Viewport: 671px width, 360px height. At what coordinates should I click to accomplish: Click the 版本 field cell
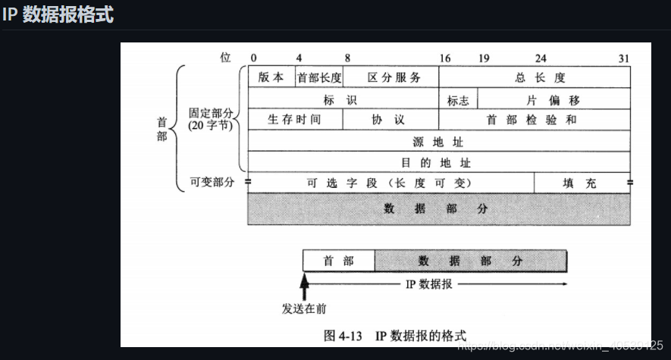271,77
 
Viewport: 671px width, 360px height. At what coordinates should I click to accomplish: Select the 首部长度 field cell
319,77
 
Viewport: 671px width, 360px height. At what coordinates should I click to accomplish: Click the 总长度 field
535,77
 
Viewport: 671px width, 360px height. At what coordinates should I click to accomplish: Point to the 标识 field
343,99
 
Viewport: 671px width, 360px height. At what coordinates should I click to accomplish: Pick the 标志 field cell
458,99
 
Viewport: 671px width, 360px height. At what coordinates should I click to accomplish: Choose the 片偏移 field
554,99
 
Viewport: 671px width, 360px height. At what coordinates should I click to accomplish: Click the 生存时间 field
295,120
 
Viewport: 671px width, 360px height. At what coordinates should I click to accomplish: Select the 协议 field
390,120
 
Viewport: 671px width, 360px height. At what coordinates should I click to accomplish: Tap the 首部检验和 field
535,120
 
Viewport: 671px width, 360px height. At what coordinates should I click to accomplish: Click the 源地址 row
439,141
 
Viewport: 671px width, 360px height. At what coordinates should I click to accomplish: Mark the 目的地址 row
439,162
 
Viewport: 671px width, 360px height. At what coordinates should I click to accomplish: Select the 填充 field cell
582,183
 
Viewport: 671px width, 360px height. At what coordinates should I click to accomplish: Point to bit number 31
624,58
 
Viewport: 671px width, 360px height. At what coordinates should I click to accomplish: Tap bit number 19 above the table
484,58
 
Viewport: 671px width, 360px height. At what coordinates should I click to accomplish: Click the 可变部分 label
212,183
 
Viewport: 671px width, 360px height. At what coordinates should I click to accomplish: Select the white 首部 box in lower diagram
339,261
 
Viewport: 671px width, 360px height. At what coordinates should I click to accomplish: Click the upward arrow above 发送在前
304,286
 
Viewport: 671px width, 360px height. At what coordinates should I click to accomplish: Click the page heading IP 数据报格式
58,14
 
